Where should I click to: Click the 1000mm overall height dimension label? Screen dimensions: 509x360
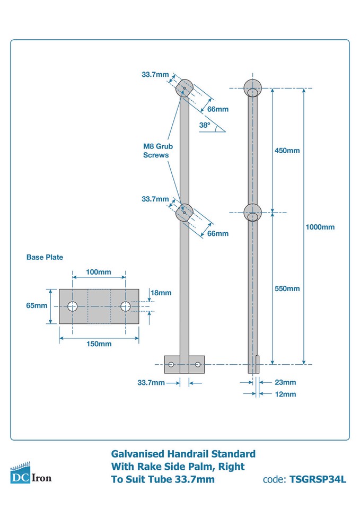coord(320,227)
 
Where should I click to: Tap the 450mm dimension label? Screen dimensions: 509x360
coord(287,151)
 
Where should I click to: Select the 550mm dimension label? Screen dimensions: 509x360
coord(287,288)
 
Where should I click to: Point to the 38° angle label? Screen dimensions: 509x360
coord(205,126)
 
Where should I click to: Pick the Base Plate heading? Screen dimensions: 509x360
coord(45,257)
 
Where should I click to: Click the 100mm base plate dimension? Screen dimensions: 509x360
coord(98,272)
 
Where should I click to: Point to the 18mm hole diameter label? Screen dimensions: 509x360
coord(161,293)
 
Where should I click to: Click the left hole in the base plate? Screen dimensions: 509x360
coord(72,306)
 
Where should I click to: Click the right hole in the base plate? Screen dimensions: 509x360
coord(126,306)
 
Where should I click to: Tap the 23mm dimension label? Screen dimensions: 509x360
coord(286,382)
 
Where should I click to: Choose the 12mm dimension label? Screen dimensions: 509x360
coord(286,394)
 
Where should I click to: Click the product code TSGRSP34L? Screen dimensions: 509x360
coord(318,480)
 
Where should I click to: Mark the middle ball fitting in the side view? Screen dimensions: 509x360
coord(253,212)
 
